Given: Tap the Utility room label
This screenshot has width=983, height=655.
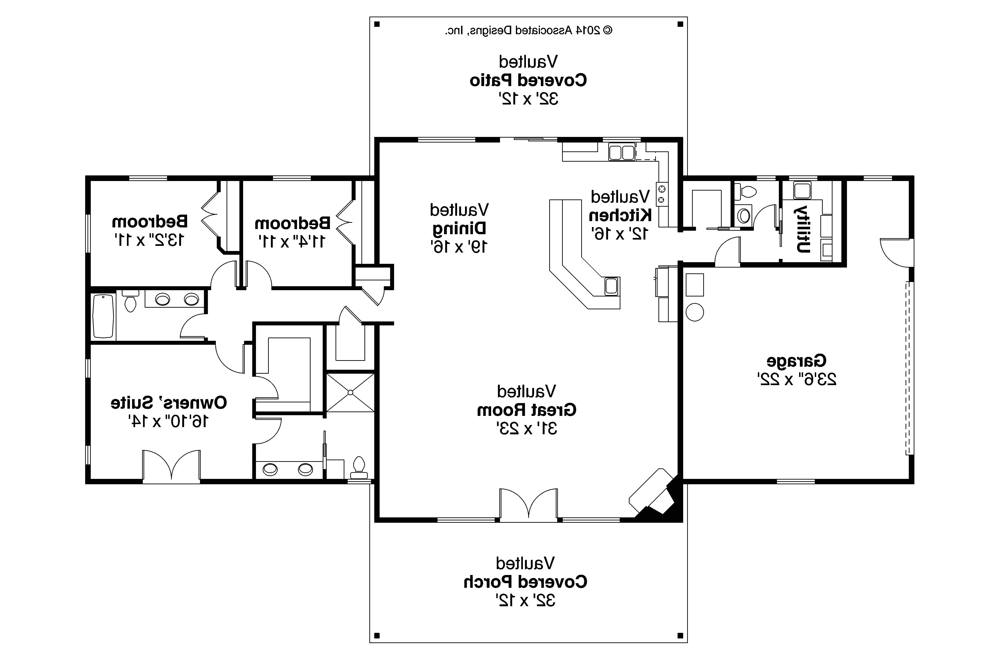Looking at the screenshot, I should point(802,229).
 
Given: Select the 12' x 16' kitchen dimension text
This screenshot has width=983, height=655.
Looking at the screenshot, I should point(620,234).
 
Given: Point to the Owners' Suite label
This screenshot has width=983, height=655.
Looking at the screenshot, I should point(169,403).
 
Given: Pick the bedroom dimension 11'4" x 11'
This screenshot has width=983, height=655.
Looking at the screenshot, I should point(292,241).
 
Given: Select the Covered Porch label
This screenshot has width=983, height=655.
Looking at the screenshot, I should point(525,582).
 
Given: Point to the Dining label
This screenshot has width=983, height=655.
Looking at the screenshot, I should point(459,229).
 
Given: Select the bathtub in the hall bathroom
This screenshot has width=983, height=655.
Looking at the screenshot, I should point(103,316).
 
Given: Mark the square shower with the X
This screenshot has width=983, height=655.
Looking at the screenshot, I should point(350,393).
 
